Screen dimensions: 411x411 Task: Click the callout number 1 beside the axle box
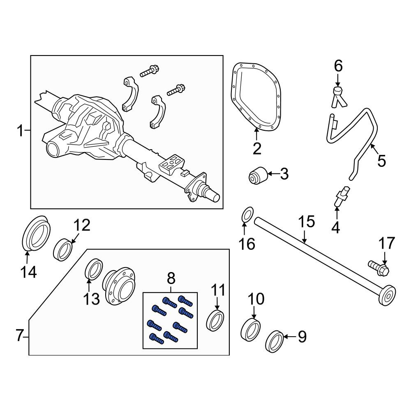pyautogui.click(x=21, y=131)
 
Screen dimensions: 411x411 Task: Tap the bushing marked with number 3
pyautogui.click(x=258, y=175)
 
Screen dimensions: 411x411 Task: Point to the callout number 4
pyautogui.click(x=336, y=228)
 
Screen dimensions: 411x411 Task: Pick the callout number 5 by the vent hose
pyautogui.click(x=382, y=160)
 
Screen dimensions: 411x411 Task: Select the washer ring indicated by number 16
pyautogui.click(x=247, y=214)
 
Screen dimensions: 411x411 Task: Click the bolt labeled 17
pyautogui.click(x=379, y=268)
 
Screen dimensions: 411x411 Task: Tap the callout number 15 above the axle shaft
pyautogui.click(x=307, y=222)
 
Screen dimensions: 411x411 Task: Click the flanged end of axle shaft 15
pyautogui.click(x=388, y=296)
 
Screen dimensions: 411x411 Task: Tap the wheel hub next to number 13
pyautogui.click(x=120, y=286)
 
